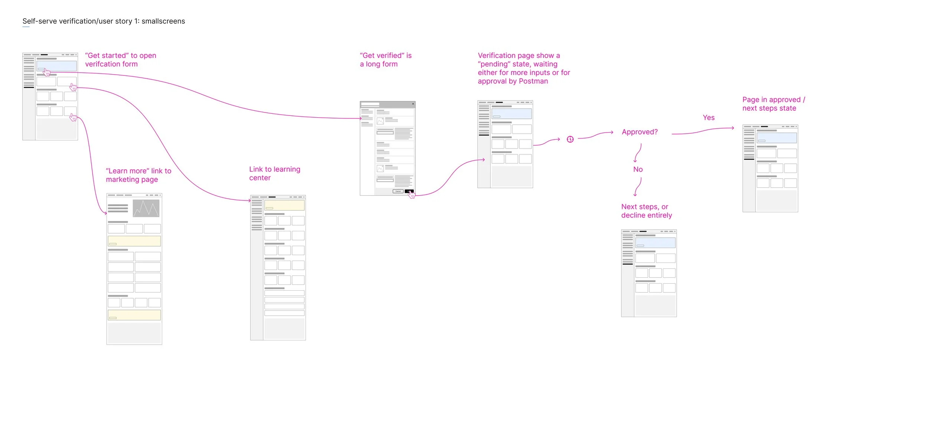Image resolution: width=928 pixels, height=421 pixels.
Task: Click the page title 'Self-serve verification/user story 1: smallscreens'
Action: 104,21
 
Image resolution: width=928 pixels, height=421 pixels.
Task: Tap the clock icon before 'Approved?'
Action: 570,139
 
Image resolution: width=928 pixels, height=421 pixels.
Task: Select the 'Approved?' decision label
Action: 640,132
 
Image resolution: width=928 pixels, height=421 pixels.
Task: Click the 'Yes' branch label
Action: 708,118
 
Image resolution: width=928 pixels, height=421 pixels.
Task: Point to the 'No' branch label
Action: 638,169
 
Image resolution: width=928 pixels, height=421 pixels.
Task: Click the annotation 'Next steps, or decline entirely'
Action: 646,211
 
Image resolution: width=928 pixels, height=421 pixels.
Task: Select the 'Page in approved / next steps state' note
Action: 773,104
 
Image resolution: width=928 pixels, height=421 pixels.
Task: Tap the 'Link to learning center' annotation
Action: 274,173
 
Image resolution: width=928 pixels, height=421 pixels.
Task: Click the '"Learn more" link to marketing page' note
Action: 138,175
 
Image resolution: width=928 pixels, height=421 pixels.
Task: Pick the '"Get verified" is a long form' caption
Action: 385,60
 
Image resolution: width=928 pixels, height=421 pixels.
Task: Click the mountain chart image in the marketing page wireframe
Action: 146,208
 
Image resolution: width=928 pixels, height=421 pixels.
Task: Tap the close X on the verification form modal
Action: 413,104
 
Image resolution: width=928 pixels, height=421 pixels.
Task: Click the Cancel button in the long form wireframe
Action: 398,191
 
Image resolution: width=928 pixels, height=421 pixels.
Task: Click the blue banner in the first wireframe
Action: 56,66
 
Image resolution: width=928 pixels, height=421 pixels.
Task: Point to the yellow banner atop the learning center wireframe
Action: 284,205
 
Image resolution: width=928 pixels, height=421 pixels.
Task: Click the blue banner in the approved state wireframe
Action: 777,138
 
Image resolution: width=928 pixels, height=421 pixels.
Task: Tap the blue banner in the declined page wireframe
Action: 655,243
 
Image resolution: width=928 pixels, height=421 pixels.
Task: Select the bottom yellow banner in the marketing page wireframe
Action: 134,315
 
